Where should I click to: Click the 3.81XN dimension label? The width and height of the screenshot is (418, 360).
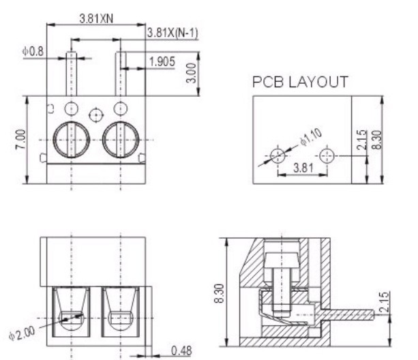point(96,18)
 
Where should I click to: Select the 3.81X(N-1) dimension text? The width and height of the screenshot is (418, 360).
point(172,33)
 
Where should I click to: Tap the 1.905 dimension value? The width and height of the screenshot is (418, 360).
point(162,63)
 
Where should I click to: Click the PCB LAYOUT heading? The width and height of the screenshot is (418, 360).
point(301,82)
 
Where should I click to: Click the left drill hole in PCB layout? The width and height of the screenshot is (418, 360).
point(278,155)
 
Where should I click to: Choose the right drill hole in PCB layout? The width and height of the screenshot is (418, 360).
point(328,155)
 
